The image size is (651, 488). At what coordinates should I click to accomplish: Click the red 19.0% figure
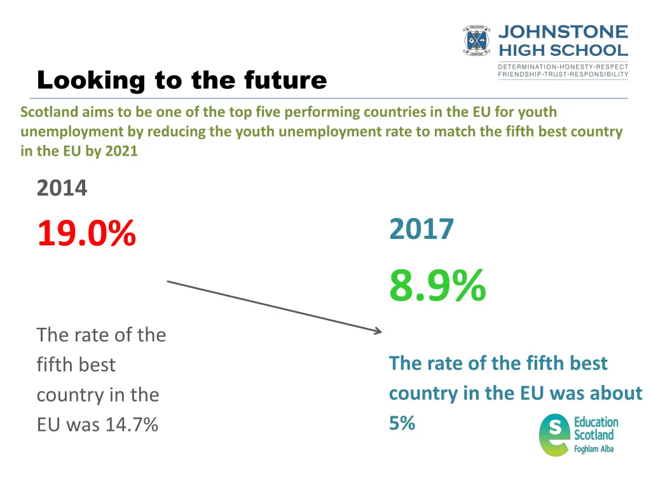coord(86,233)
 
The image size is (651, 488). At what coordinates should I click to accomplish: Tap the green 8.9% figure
coord(437,285)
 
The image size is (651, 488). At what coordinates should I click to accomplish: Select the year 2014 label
coord(62,189)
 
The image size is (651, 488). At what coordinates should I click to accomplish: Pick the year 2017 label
coord(421,229)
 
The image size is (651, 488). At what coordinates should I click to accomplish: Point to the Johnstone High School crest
coord(477,41)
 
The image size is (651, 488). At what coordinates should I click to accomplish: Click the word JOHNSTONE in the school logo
coord(563,32)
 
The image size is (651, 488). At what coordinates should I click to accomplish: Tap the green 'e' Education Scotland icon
coord(554,435)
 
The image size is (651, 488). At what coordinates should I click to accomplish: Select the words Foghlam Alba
coord(594,449)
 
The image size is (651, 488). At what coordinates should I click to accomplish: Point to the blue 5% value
coord(402,423)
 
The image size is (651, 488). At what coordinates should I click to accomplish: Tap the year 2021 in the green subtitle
coord(122,152)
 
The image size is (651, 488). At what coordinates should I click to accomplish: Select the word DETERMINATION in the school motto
coord(527,67)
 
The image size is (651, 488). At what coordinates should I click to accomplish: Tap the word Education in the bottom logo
coord(596,422)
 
